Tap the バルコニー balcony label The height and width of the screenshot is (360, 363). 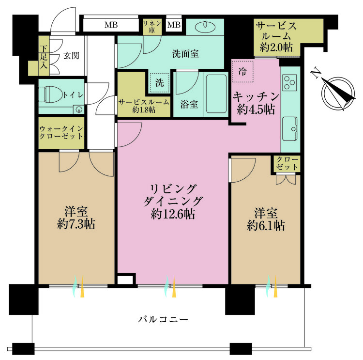(x=163, y=319)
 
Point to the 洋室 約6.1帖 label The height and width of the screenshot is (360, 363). (x=266, y=219)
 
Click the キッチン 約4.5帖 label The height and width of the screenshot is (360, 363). (x=256, y=103)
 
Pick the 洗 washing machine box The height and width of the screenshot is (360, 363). (x=159, y=83)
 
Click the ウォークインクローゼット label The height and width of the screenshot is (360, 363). (x=61, y=132)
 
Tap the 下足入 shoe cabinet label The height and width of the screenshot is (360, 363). (x=44, y=55)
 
